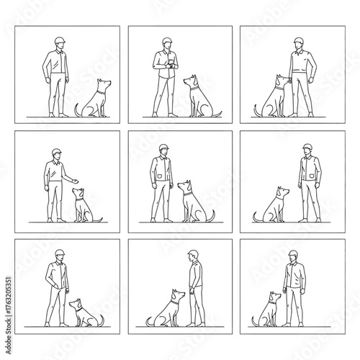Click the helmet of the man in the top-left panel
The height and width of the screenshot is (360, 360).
click(60, 39)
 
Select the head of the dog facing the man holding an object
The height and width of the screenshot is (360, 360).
click(192, 80)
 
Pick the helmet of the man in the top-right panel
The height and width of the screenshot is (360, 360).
click(299, 40)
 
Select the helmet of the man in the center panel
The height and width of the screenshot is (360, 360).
click(164, 149)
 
